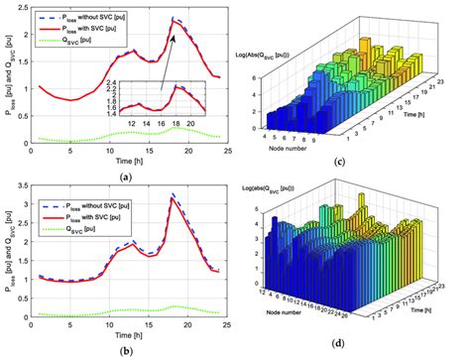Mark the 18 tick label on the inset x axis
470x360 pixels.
tap(176, 124)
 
